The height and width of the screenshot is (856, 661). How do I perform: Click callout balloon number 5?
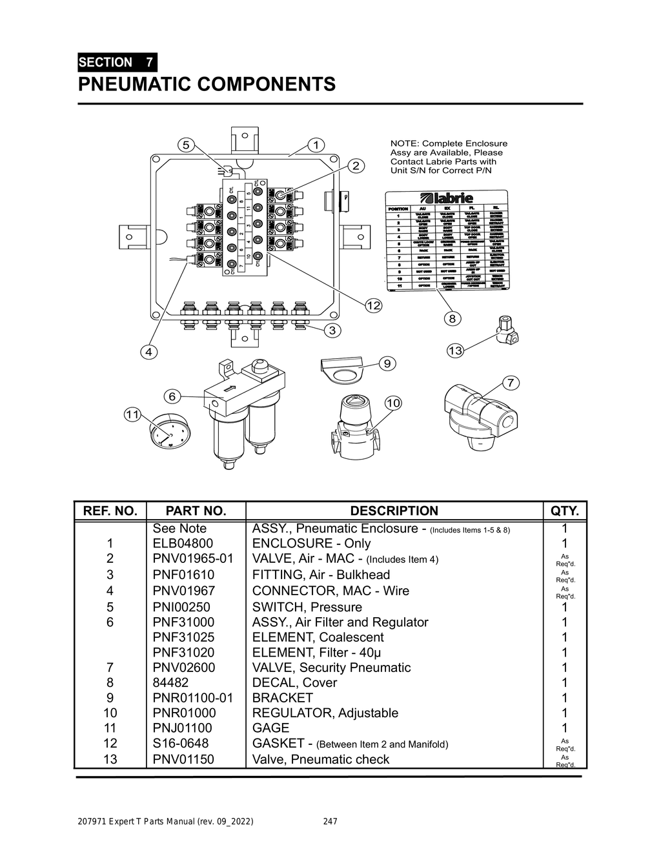(x=186, y=145)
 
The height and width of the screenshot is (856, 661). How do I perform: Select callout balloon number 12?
(x=373, y=305)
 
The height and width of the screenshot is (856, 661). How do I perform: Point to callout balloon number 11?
(x=132, y=414)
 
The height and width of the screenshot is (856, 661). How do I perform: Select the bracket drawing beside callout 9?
(x=342, y=370)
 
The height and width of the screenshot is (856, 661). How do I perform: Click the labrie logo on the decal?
(x=446, y=198)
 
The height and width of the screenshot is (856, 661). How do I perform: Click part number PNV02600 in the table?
(x=184, y=667)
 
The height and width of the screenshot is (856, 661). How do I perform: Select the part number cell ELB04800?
(x=183, y=543)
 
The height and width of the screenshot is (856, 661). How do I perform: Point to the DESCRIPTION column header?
(x=394, y=511)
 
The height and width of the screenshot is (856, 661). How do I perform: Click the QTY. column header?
(x=565, y=511)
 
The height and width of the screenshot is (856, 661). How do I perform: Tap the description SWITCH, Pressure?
(x=307, y=607)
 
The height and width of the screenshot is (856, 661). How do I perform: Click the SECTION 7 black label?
(x=116, y=63)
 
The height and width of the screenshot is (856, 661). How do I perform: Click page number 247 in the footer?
(x=330, y=822)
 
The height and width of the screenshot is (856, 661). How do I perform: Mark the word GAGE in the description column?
(x=270, y=728)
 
